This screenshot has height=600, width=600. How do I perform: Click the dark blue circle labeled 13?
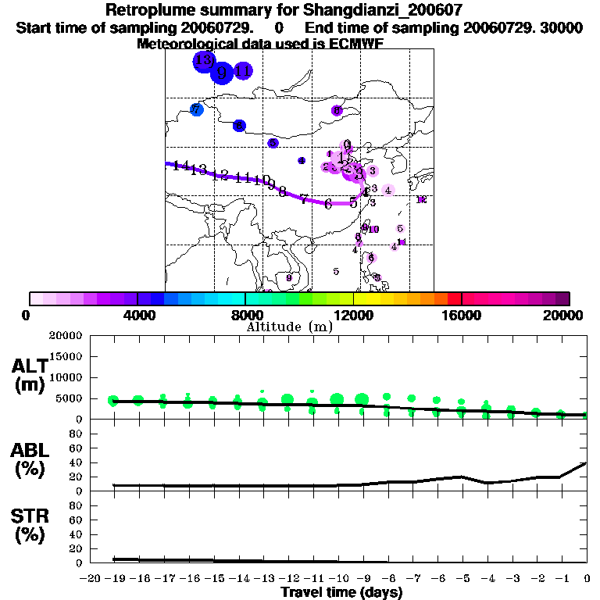pos(204,60)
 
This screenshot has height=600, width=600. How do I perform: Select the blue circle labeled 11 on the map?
pos(243,71)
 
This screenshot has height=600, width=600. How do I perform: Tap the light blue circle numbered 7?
pos(196,109)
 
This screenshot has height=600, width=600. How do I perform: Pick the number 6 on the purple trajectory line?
pos(328,204)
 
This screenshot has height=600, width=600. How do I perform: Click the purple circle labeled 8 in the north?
pos(337,111)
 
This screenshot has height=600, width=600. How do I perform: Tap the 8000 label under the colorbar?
pos(245,316)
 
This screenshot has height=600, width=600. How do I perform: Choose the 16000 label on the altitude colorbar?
pos(461,316)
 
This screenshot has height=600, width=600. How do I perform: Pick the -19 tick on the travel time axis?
pos(114,578)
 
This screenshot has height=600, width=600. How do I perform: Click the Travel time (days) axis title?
pos(341,592)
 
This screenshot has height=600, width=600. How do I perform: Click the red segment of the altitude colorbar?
pos(454,298)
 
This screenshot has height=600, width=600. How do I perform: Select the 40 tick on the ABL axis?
pos(77,462)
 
